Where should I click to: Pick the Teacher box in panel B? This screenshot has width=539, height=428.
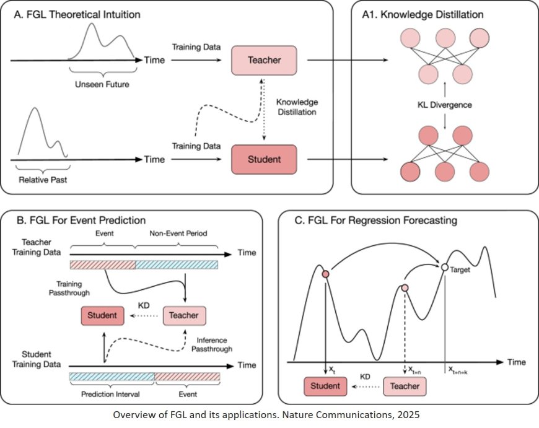184,315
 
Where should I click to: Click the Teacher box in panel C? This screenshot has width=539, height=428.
405,387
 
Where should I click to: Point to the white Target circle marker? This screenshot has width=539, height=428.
444,267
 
